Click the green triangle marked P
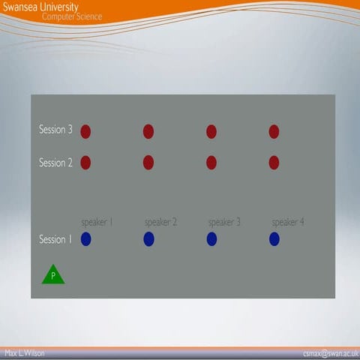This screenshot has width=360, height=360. pyautogui.click(x=52, y=275)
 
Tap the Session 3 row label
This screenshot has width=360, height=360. pyautogui.click(x=55, y=130)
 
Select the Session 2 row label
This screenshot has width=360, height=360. pyautogui.click(x=55, y=162)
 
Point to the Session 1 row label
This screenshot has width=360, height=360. pyautogui.click(x=55, y=239)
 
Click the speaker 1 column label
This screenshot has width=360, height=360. pyautogui.click(x=97, y=222)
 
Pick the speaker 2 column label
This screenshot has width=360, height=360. pyautogui.click(x=160, y=222)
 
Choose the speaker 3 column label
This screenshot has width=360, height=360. pyautogui.click(x=224, y=222)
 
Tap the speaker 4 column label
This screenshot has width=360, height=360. pyautogui.click(x=288, y=222)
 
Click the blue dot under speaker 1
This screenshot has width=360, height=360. pyautogui.click(x=85, y=239)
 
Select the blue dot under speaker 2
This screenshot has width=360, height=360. pyautogui.click(x=148, y=239)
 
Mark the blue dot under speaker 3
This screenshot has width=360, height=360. pyautogui.click(x=211, y=239)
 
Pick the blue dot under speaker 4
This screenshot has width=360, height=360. pyautogui.click(x=274, y=239)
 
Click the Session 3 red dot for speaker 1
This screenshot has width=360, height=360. pyautogui.click(x=85, y=132)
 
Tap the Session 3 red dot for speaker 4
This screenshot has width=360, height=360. pyautogui.click(x=274, y=132)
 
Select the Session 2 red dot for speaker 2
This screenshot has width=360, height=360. pyautogui.click(x=148, y=163)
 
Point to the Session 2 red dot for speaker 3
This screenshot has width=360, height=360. pyautogui.click(x=211, y=163)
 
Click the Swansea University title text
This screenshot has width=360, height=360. pyautogui.click(x=40, y=7)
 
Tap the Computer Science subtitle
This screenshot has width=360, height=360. pyautogui.click(x=72, y=16)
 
